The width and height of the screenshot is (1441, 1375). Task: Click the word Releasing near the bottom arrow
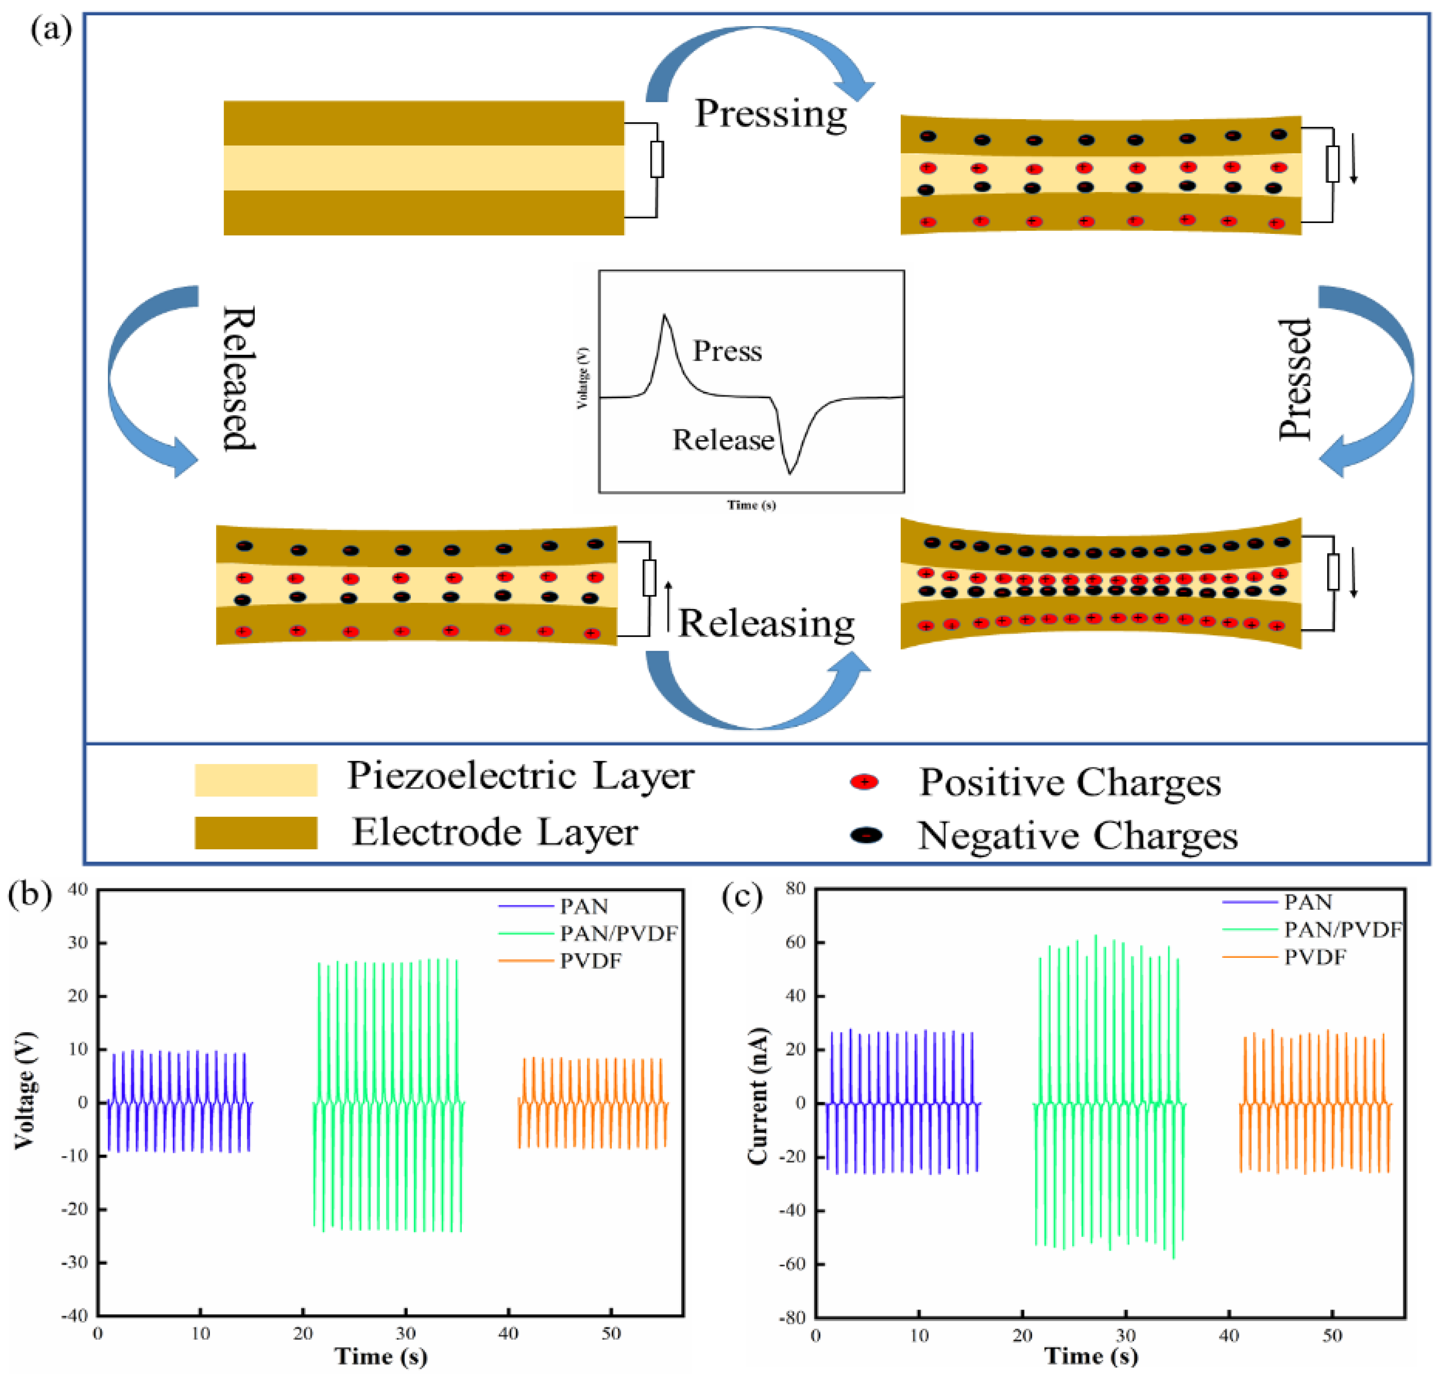click(765, 624)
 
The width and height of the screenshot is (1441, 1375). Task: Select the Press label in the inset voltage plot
click(727, 351)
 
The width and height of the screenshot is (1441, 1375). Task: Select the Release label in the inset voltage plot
click(723, 440)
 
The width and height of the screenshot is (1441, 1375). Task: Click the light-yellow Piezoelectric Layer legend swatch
click(256, 780)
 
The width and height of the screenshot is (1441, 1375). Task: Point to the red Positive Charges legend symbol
click(865, 782)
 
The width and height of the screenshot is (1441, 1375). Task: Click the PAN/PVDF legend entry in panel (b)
click(618, 933)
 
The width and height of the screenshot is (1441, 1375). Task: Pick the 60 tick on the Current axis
click(795, 942)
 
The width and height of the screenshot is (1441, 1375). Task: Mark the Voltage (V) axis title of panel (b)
click(26, 1090)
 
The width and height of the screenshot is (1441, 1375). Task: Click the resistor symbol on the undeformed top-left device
click(657, 159)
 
